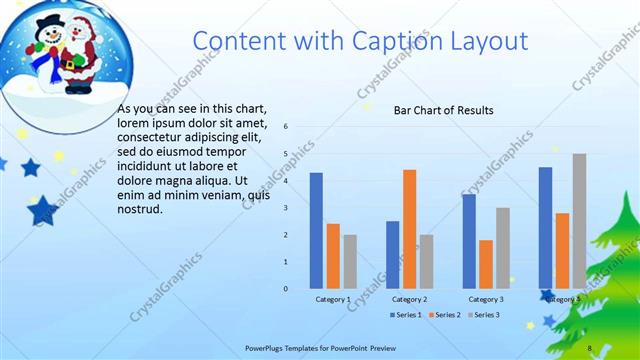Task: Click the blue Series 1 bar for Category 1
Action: click(316, 230)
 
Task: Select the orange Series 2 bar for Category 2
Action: click(409, 229)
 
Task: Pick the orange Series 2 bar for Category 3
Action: click(486, 264)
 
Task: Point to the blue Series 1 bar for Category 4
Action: click(545, 228)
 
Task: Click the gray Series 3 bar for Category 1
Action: click(350, 262)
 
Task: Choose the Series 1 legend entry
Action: click(405, 315)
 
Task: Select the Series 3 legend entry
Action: click(483, 315)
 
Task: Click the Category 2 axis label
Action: click(409, 299)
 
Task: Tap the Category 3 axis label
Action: click(486, 299)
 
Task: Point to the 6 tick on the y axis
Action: click(286, 127)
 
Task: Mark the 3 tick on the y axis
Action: click(286, 208)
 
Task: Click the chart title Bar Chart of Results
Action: click(443, 110)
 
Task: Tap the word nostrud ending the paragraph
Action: click(139, 209)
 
